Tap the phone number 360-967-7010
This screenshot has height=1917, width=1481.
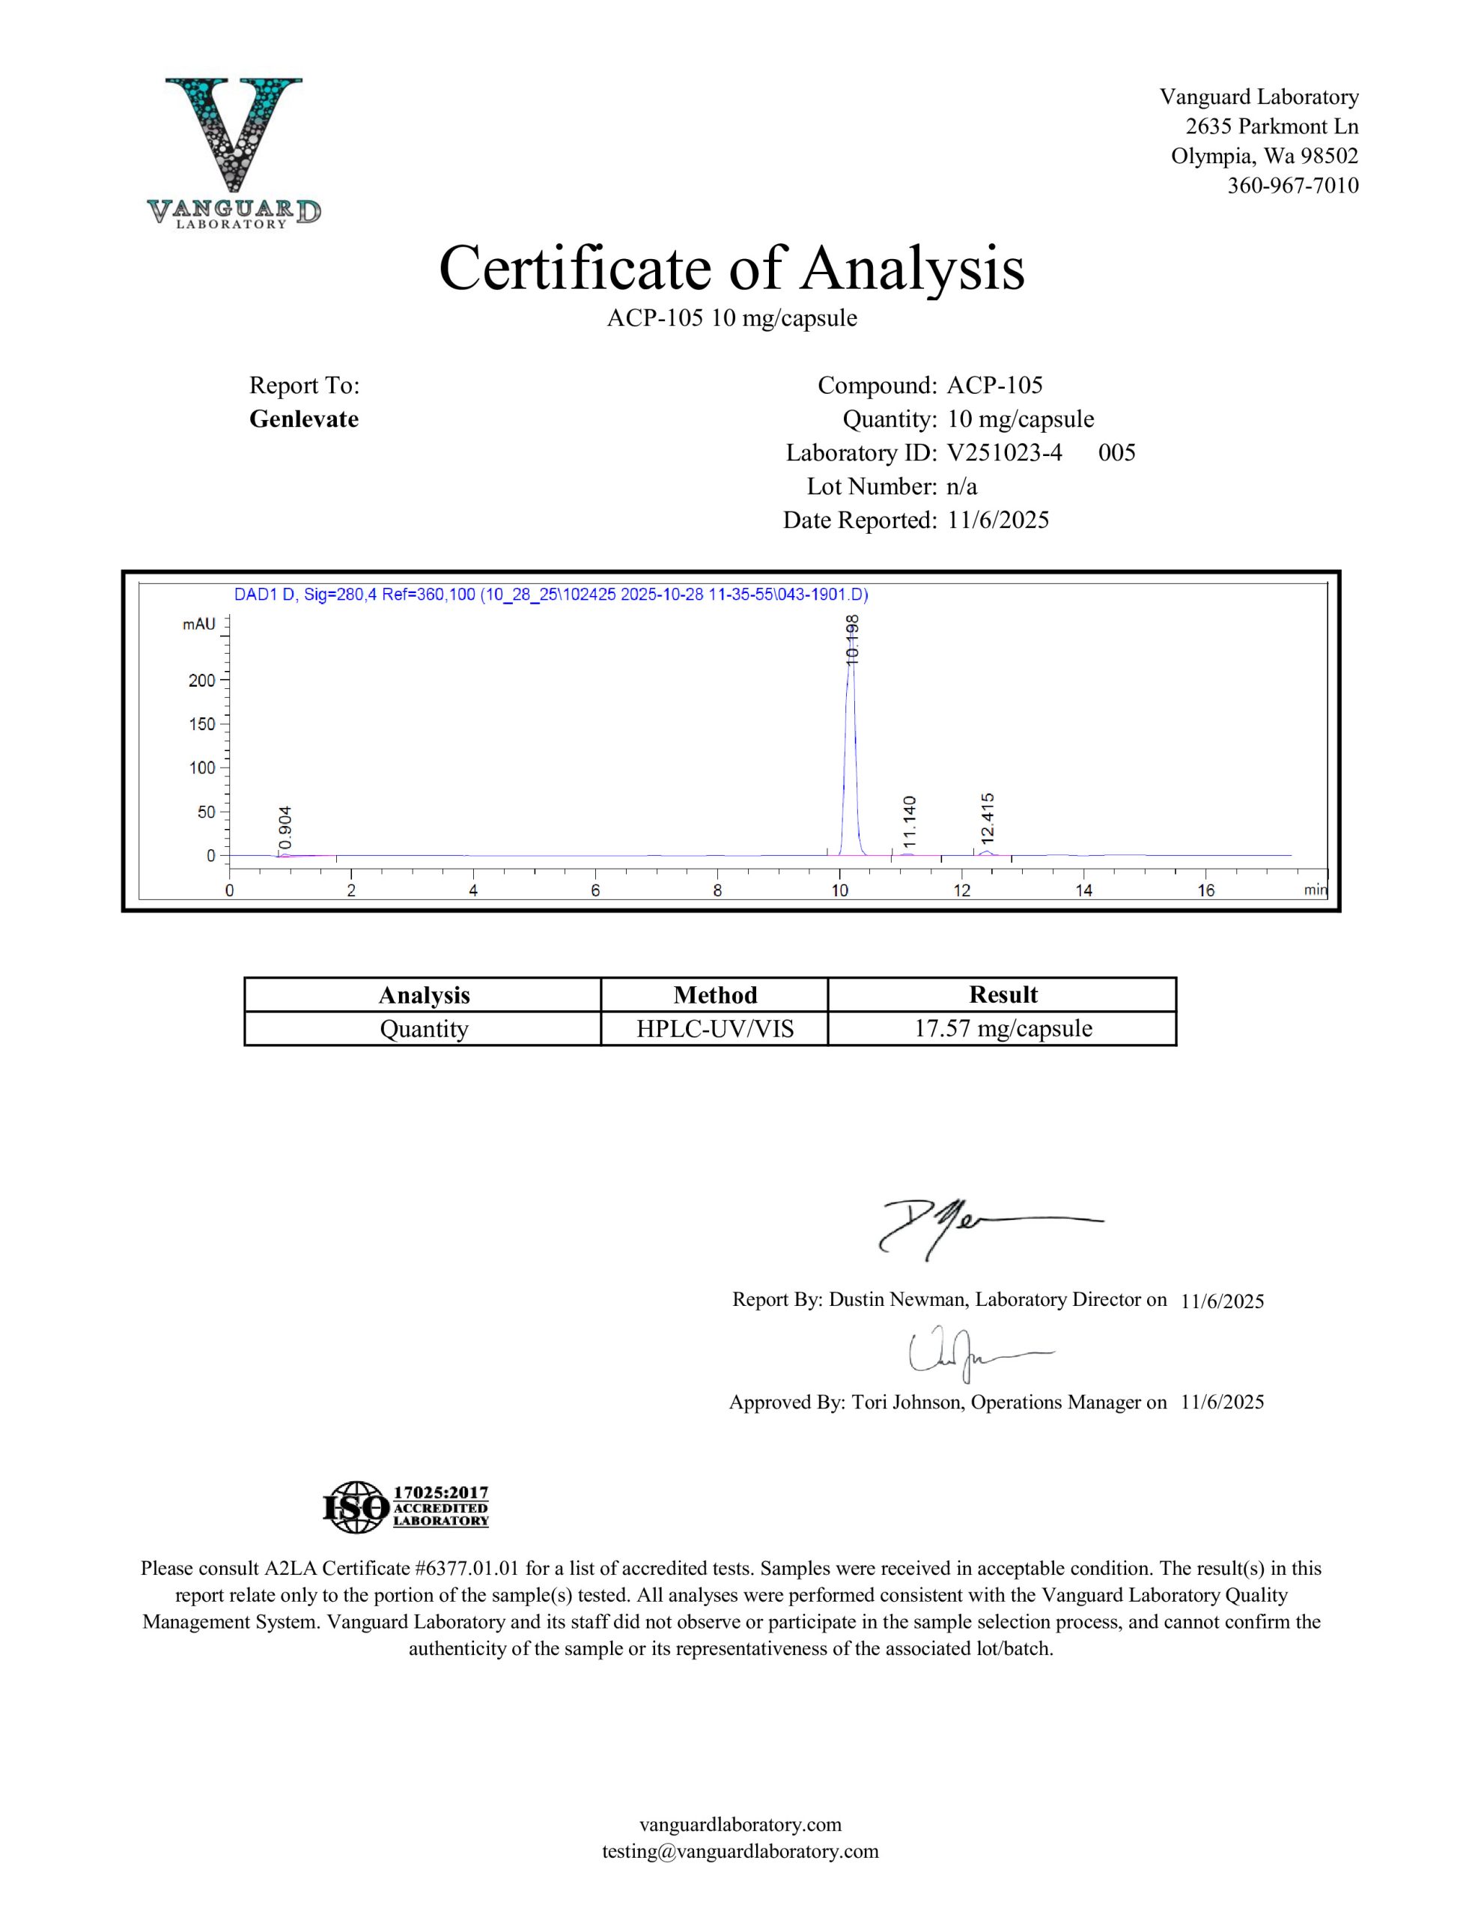pyautogui.click(x=1292, y=186)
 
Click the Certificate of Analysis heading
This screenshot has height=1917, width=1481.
pyautogui.click(x=732, y=268)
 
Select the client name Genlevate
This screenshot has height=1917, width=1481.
pyautogui.click(x=304, y=419)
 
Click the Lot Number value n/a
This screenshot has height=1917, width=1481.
pyautogui.click(x=962, y=486)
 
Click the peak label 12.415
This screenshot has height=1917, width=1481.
pyautogui.click(x=988, y=818)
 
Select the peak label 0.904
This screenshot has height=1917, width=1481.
pyautogui.click(x=285, y=830)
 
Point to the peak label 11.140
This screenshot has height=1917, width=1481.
pyautogui.click(x=910, y=821)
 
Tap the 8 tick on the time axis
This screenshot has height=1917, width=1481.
pyautogui.click(x=717, y=891)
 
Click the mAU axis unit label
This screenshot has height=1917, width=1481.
pyautogui.click(x=199, y=624)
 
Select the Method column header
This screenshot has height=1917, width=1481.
pyautogui.click(x=714, y=994)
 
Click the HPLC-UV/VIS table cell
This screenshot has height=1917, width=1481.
pyautogui.click(x=714, y=1029)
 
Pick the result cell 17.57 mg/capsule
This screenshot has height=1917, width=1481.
pyautogui.click(x=1003, y=1029)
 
